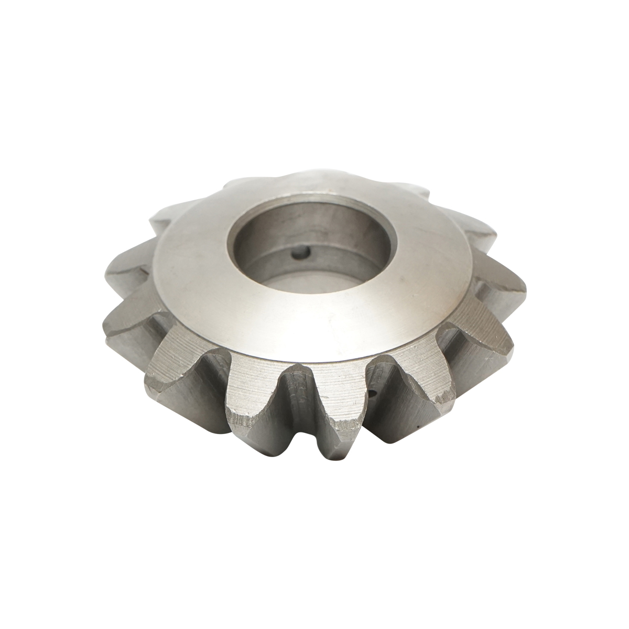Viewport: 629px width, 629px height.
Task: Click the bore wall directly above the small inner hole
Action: pos(299,231)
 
